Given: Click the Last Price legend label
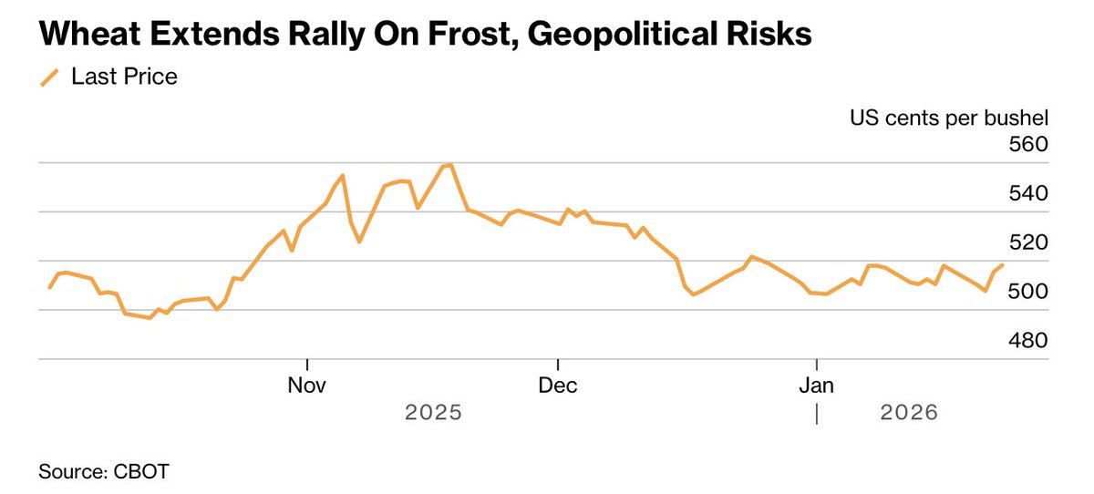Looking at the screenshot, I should [x=124, y=77].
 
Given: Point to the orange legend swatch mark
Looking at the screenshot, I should [x=49, y=77].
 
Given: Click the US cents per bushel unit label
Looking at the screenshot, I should [x=949, y=118].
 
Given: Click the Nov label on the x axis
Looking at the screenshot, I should [x=307, y=385].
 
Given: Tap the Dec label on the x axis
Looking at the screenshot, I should [x=558, y=385].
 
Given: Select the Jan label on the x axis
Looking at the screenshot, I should [x=817, y=385].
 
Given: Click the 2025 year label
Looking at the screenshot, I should [x=434, y=413].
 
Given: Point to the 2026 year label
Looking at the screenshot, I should [x=909, y=413].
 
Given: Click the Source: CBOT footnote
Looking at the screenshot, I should [x=104, y=472].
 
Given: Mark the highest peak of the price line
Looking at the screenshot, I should [x=451, y=165].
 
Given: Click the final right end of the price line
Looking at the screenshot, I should [x=1003, y=265].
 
